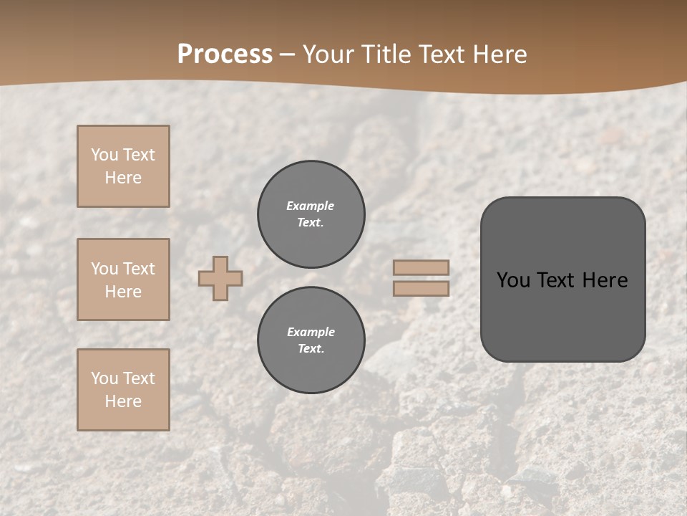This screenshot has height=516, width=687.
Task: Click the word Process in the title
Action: pos(225,54)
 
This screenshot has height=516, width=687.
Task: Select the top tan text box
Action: pos(123,166)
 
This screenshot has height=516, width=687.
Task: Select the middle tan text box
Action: pos(123,279)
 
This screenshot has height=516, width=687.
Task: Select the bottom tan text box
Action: pos(123,390)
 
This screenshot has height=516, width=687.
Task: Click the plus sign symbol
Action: pos(220,278)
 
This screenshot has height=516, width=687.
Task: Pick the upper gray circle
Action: pos(311,214)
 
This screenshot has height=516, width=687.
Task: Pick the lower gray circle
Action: pos(311,340)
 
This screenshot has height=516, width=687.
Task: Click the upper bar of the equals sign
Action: pos(422,267)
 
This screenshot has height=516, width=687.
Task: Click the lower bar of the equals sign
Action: pos(422,289)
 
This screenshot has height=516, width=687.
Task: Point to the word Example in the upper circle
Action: pos(311,206)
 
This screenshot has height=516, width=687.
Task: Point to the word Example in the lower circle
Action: pos(311,332)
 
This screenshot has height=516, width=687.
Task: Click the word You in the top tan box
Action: pos(104,155)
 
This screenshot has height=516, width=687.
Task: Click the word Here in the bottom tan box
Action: pos(123,401)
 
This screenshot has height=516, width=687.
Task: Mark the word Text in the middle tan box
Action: pos(138,269)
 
